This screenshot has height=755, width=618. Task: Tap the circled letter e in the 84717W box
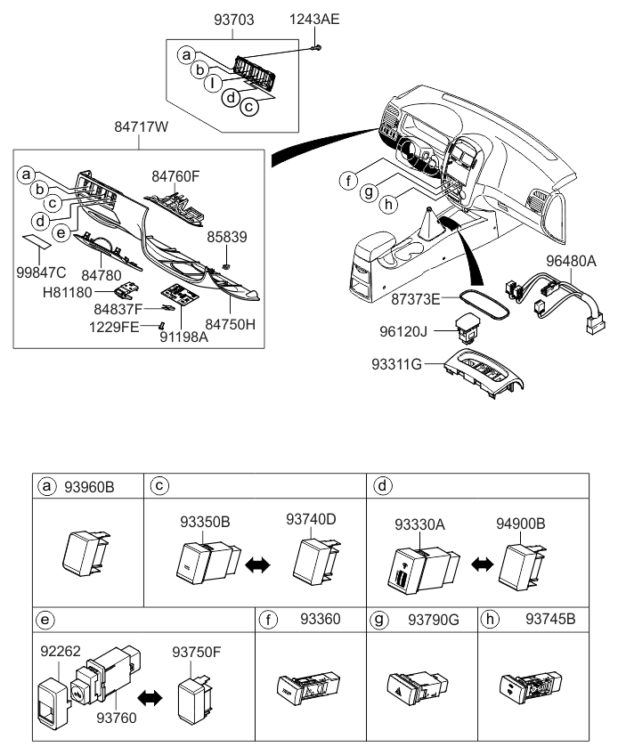tap(61, 233)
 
